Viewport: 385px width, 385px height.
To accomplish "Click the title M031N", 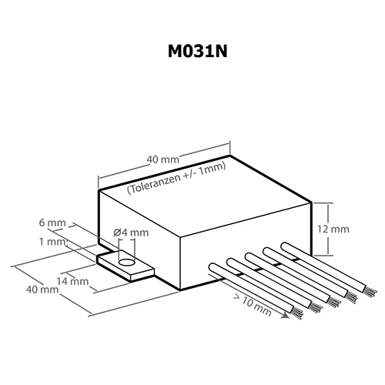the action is (197, 51).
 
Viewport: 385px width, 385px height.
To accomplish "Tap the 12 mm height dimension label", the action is (333, 229).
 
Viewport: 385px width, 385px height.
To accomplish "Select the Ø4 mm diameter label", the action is (131, 233).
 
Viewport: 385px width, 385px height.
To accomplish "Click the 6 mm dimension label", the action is (52, 223).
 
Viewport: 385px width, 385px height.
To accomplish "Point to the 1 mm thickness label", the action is (52, 242).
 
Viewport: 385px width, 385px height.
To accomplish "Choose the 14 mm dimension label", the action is (72, 281).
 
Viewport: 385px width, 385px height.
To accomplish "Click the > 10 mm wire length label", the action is (253, 305).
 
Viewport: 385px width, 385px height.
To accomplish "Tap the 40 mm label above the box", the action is (163, 159).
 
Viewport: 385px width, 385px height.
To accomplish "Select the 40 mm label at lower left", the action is (42, 290).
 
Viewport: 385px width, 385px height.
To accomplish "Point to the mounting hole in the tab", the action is (126, 263).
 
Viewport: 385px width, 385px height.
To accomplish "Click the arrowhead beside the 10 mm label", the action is (285, 315).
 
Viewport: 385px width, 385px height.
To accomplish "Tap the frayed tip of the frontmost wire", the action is (298, 313).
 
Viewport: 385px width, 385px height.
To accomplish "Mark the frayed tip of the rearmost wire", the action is (370, 293).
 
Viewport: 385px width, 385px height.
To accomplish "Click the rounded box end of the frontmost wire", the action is (213, 267).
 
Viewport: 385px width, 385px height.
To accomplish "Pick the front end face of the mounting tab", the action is (142, 275).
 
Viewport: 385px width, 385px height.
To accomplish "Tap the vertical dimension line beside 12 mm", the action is (328, 229).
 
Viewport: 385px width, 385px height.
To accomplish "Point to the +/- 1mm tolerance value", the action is (204, 170).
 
